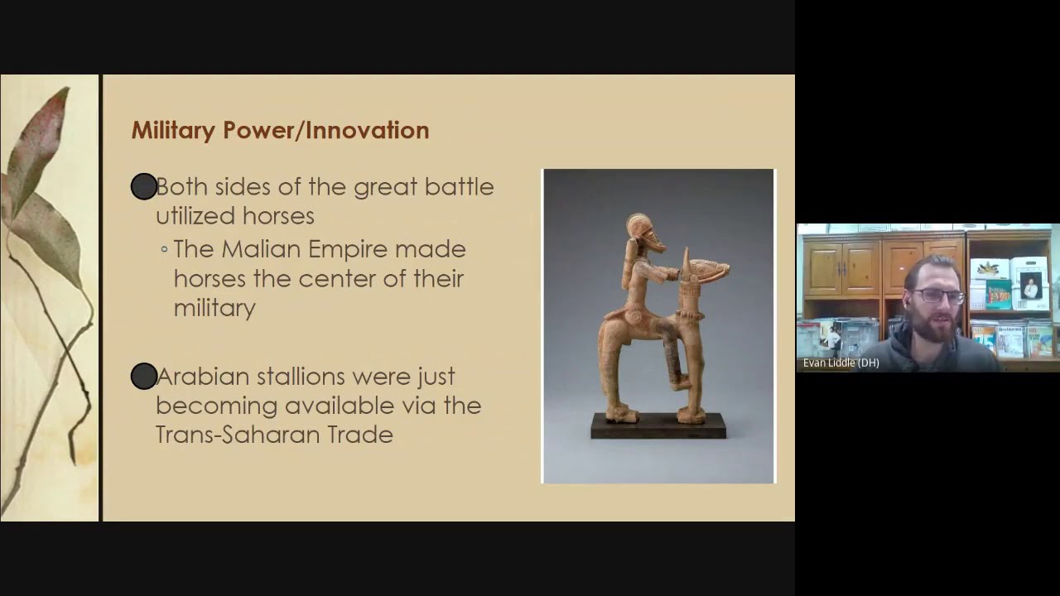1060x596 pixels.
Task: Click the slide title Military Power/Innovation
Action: tap(280, 130)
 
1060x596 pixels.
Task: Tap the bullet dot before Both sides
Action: tap(144, 187)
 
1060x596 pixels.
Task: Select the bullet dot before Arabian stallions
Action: tap(144, 377)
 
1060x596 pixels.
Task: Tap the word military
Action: tap(214, 308)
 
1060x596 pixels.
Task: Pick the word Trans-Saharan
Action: tap(231, 435)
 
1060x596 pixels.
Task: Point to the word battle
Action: tap(459, 187)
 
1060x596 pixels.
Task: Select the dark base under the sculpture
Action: tap(658, 425)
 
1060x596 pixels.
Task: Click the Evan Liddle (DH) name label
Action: tap(841, 363)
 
